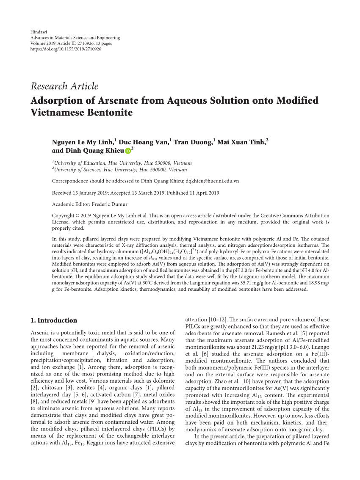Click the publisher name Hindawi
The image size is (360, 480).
coord(39,32)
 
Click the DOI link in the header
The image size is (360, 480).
coord(66,49)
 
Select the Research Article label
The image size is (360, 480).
coord(64,86)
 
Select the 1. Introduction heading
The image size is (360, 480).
coord(54,320)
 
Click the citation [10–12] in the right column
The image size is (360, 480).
coord(219,320)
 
